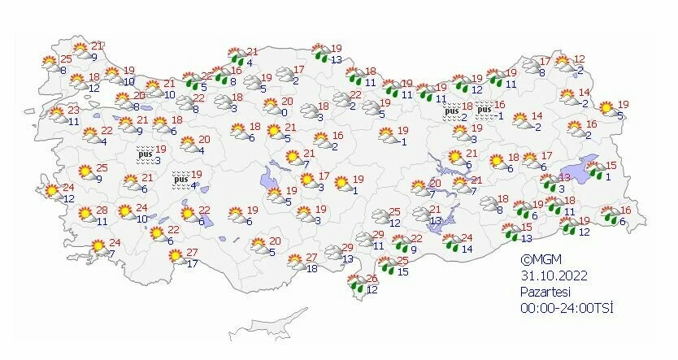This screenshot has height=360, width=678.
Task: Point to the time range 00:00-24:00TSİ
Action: click(x=567, y=309)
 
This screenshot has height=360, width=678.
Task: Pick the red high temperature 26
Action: click(x=372, y=279)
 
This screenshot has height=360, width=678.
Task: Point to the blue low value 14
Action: click(x=467, y=249)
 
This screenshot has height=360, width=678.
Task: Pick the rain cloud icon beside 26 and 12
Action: click(x=355, y=284)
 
